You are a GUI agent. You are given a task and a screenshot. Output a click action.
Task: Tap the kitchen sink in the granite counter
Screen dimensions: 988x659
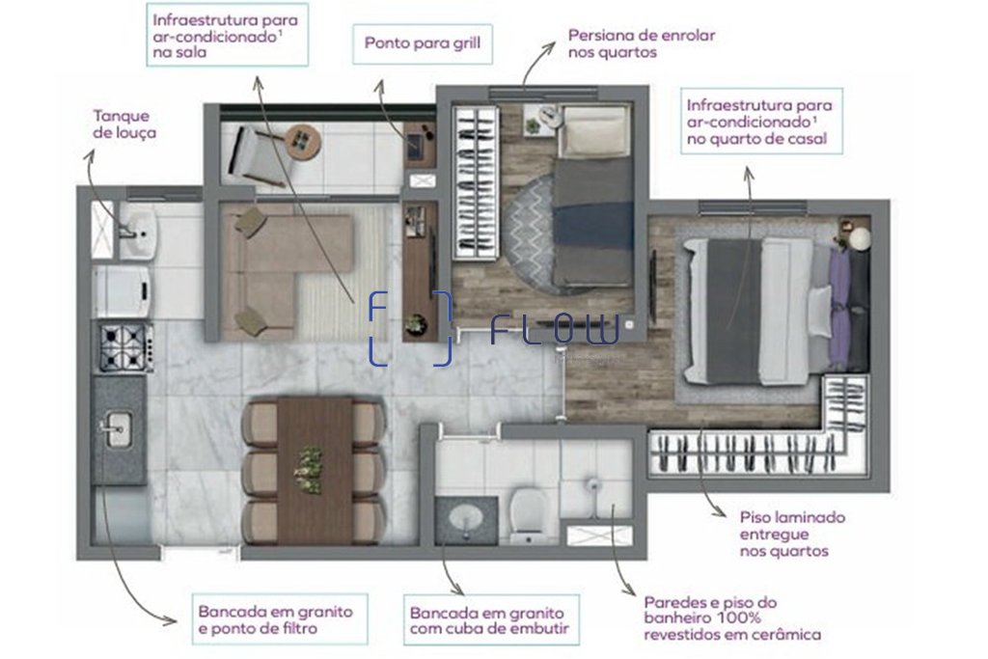click(x=117, y=429)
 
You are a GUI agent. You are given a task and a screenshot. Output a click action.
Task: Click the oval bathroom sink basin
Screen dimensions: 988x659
click(x=466, y=518)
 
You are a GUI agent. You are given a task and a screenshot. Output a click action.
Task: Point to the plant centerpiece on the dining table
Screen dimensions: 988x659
click(x=309, y=470)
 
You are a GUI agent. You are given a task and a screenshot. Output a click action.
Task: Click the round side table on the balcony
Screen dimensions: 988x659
click(x=303, y=141)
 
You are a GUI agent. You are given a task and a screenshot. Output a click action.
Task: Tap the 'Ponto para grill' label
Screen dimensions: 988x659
click(x=423, y=43)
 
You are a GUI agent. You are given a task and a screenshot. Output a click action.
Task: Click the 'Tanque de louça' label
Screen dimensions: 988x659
click(x=124, y=124)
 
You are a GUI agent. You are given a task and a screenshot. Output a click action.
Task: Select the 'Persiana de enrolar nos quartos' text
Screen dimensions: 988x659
click(x=642, y=43)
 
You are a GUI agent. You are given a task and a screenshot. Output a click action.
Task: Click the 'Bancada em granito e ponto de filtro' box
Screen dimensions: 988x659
click(x=280, y=619)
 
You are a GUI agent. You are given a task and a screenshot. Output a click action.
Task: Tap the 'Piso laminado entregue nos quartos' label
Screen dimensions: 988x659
click(x=793, y=535)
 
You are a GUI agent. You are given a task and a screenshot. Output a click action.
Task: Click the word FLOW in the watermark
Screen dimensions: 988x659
click(x=555, y=330)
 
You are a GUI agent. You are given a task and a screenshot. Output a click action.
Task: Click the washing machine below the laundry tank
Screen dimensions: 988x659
click(x=123, y=291)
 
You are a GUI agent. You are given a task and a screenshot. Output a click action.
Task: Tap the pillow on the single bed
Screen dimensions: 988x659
click(x=594, y=131)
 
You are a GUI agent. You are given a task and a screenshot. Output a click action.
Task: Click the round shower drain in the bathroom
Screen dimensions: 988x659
click(x=592, y=484)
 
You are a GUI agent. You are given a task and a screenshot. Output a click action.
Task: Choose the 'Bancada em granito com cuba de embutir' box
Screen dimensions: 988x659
click(x=491, y=620)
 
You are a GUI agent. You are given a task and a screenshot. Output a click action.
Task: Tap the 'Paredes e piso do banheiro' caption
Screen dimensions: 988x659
click(x=710, y=602)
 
